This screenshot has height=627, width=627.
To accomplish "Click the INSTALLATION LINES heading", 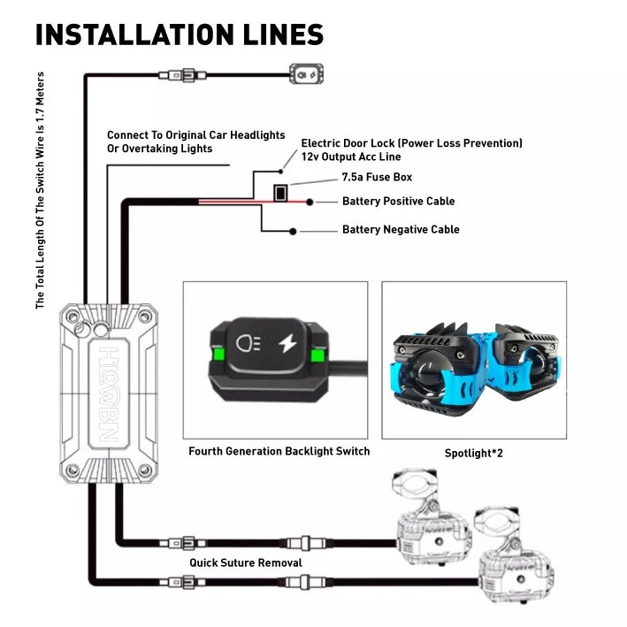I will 180,34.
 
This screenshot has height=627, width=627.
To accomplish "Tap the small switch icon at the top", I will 308,76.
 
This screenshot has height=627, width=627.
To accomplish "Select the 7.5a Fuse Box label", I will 377,178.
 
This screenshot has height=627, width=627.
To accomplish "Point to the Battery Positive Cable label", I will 398,202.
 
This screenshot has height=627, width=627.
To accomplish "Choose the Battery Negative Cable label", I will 401,230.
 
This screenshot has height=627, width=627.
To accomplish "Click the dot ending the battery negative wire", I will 293,232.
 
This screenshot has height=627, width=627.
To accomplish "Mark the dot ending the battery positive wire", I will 310,202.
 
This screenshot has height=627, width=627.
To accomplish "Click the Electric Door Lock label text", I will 411,149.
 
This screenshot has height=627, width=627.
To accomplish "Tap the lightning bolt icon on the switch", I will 287,342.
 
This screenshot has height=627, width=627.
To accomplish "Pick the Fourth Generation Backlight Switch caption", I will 279,451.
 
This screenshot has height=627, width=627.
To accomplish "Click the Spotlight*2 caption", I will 474,454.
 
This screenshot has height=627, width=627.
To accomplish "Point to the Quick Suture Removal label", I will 245,562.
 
